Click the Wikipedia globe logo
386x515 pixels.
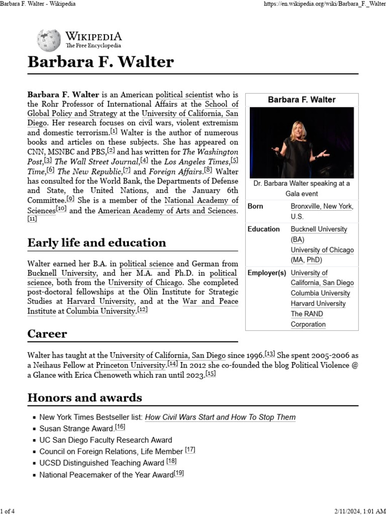49,40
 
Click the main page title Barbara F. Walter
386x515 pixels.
101,62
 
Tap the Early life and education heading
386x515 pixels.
96,243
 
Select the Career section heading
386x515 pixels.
47,334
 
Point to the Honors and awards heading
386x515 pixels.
84,398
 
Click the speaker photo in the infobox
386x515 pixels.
302,142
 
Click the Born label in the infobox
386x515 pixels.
255,206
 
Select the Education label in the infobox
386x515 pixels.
263,229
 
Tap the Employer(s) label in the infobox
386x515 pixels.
266,273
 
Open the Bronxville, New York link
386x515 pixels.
322,206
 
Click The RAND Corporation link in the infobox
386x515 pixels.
307,319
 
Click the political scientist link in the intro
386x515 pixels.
184,95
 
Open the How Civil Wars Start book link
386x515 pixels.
220,417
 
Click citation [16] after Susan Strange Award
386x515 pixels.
120,427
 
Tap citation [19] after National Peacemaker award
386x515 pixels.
179,473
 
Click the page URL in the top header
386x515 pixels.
322,4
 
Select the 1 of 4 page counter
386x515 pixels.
8,511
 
